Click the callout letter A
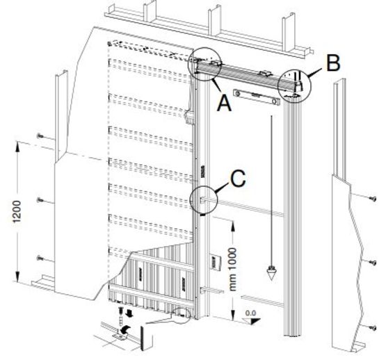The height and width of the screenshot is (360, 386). point(224,103)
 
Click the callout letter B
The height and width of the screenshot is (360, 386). point(333,63)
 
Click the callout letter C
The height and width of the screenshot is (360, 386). point(238,178)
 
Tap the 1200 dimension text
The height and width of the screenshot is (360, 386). point(17,211)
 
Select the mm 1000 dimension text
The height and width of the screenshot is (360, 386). point(232,269)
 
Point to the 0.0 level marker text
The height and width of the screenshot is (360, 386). point(250,313)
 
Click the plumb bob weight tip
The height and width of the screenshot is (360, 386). point(271,280)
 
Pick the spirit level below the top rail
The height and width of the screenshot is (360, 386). point(257,97)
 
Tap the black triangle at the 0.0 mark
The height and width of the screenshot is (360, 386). point(254,321)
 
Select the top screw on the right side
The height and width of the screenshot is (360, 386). point(373,198)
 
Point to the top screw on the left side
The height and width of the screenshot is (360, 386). point(40,136)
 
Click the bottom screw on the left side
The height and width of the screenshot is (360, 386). point(40,258)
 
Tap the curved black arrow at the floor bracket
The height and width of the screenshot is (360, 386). point(127,329)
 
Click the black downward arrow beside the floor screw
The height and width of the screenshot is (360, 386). point(129,313)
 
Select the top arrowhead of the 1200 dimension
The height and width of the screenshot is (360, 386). point(17,146)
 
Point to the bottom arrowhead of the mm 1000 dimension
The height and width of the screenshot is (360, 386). point(232,315)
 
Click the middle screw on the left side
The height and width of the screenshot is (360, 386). point(40,200)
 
